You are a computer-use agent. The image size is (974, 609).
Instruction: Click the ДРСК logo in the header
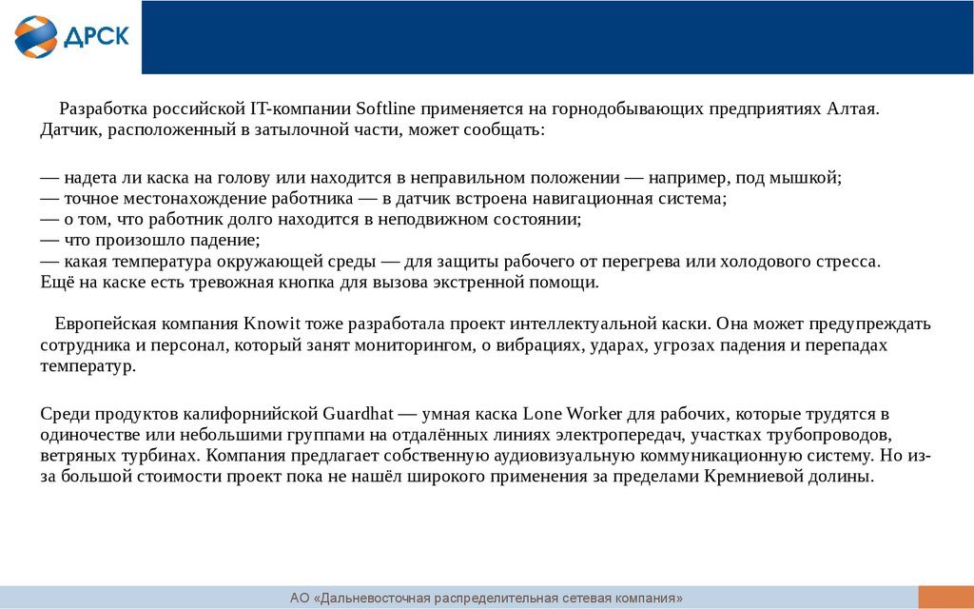pyautogui.click(x=71, y=35)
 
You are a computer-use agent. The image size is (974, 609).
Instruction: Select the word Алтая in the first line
pyautogui.click(x=853, y=108)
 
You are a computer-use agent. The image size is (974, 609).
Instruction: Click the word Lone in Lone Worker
pyautogui.click(x=542, y=415)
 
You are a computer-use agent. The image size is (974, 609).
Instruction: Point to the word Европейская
pyautogui.click(x=104, y=323)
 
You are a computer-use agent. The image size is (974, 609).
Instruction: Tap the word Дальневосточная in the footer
pyautogui.click(x=376, y=599)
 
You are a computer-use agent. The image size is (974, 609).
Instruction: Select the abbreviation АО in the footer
pyautogui.click(x=301, y=599)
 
